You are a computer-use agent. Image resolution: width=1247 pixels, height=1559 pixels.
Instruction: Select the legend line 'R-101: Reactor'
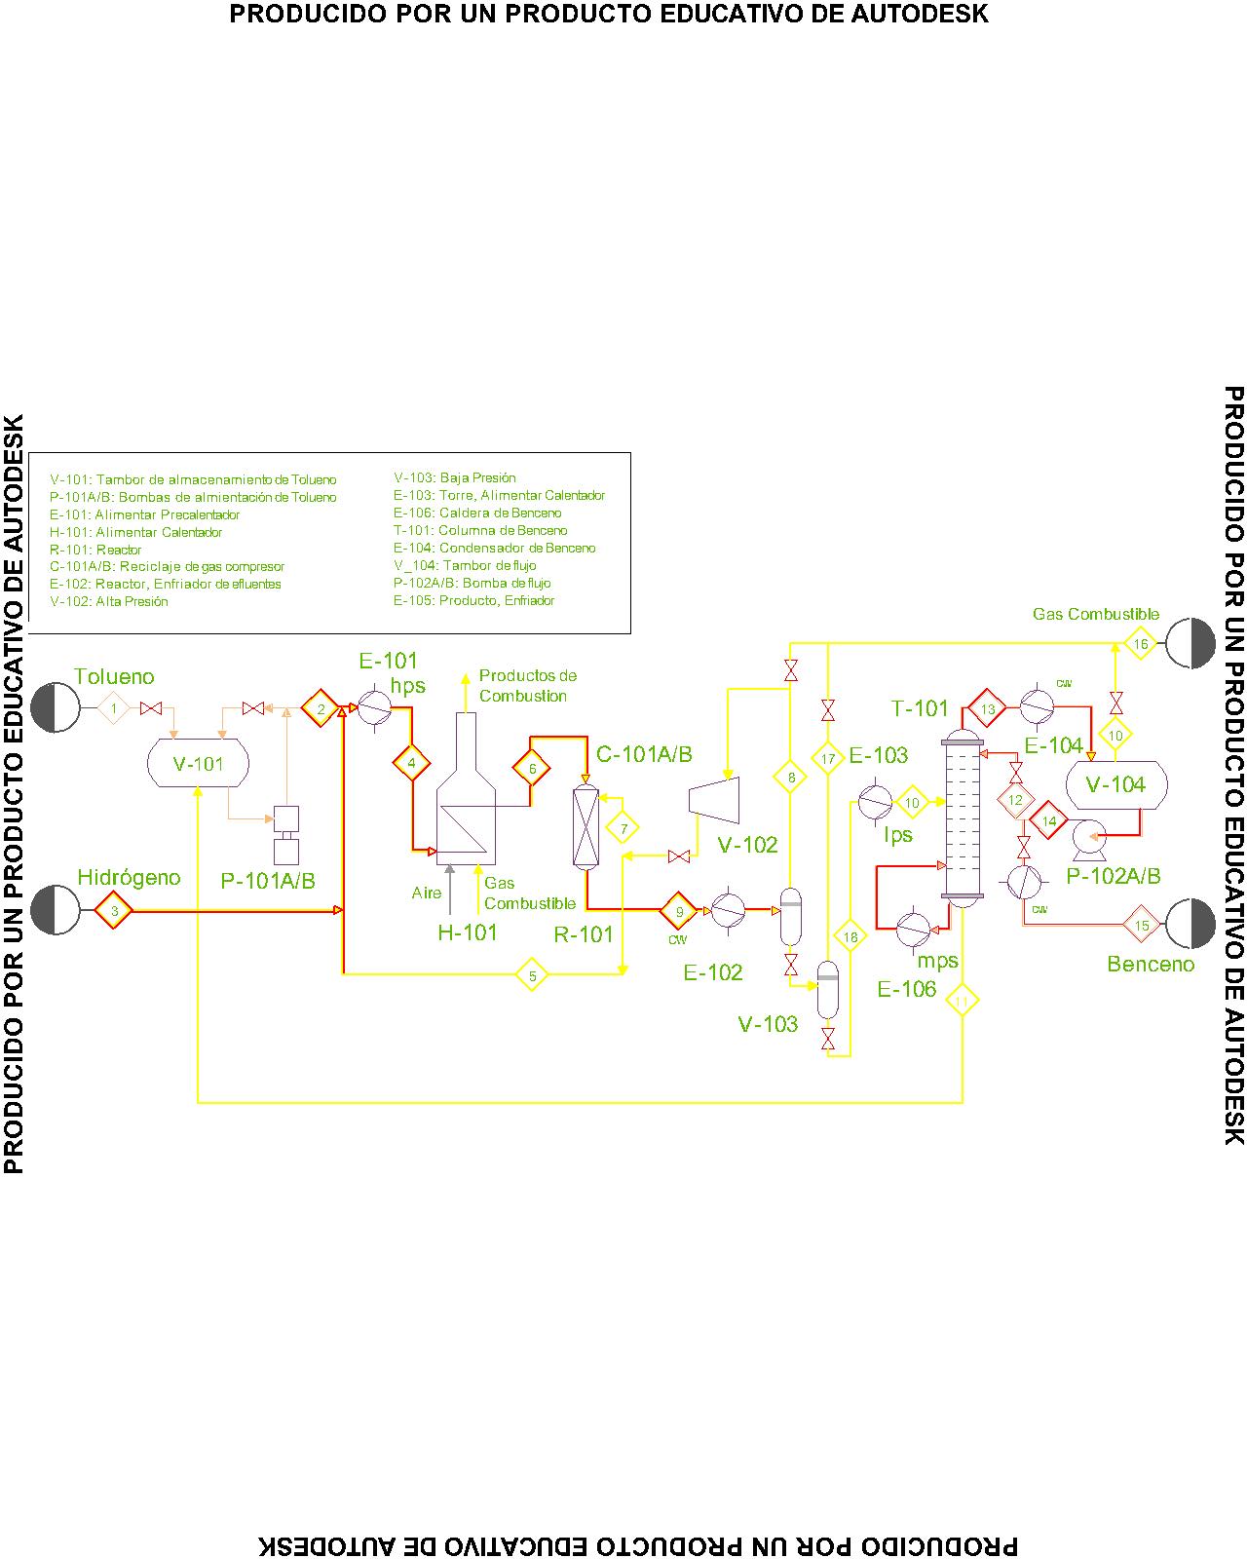tap(95, 550)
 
